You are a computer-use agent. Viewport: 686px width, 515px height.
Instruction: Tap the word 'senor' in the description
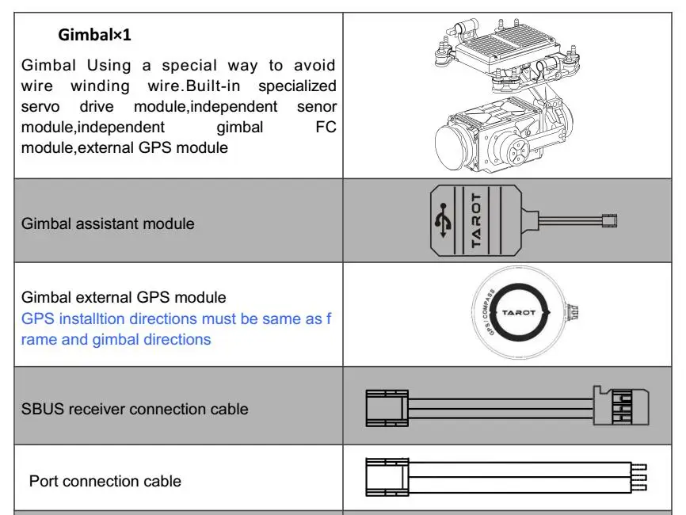tap(316, 106)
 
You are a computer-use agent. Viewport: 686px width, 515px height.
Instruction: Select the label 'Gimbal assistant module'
tap(108, 223)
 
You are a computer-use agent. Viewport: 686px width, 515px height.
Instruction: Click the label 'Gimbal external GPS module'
tap(124, 297)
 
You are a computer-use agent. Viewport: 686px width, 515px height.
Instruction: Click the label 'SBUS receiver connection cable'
tap(135, 409)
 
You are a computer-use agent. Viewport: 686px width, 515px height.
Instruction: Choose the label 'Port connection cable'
tap(105, 481)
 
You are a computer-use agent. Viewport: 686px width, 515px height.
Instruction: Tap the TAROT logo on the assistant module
tap(476, 221)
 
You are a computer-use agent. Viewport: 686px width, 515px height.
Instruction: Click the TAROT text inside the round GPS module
tap(518, 313)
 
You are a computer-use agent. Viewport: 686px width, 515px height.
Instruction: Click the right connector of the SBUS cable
tap(621, 406)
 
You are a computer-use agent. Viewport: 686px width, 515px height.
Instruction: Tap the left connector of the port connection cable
tap(386, 479)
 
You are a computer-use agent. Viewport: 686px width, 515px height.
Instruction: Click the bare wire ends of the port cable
tap(639, 478)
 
